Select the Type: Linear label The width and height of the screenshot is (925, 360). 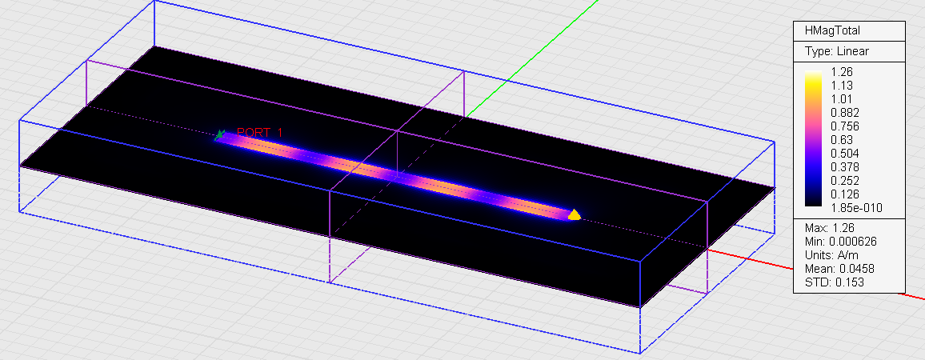[836, 51]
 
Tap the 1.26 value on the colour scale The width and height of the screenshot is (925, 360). [841, 72]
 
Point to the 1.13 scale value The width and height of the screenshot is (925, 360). [841, 86]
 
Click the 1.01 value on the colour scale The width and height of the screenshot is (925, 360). [841, 99]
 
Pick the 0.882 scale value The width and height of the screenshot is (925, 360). [844, 113]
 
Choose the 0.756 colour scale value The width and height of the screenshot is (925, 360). [844, 126]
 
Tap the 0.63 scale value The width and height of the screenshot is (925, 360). [841, 140]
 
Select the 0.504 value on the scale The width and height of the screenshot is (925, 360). [844, 154]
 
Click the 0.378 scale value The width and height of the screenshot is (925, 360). [844, 167]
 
